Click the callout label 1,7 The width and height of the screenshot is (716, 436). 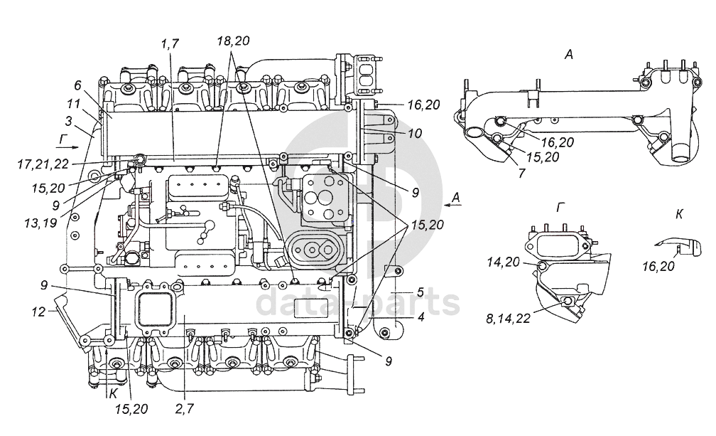(169, 44)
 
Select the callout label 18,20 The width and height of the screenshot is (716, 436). (233, 41)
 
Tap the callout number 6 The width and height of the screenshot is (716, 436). (77, 85)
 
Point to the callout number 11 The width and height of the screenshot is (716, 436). (73, 103)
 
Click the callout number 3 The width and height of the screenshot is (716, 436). (68, 121)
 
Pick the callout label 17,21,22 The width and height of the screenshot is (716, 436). (43, 164)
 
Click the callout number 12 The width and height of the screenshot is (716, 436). (39, 312)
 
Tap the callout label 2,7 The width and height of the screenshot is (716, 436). (185, 408)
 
